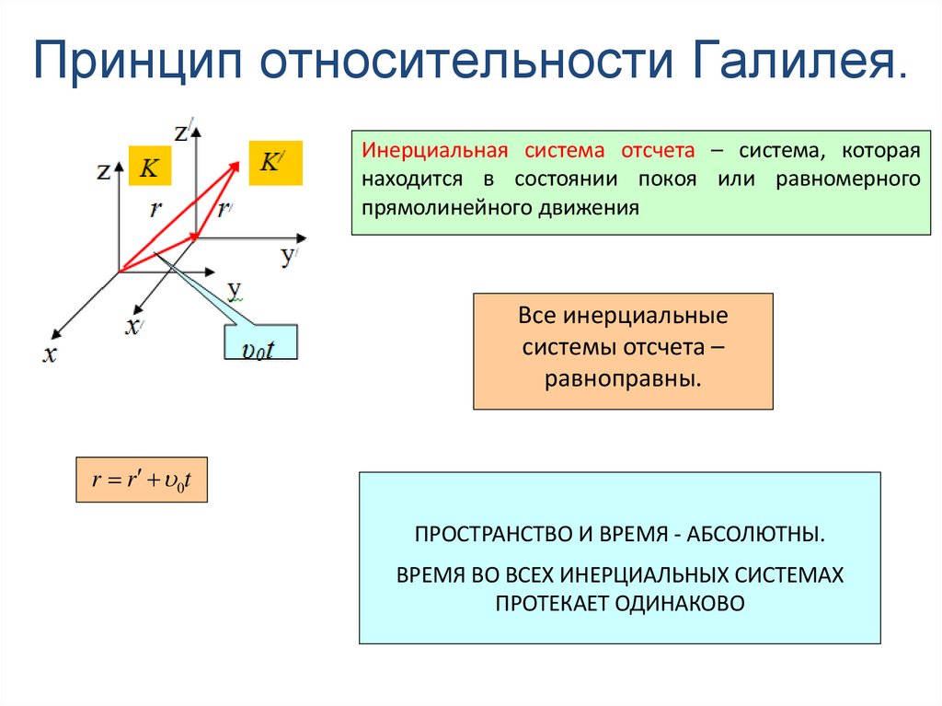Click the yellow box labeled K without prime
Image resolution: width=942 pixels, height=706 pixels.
click(x=149, y=167)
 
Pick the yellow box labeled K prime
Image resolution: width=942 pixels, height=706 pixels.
click(x=275, y=163)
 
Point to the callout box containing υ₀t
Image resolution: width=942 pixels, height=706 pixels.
click(x=260, y=342)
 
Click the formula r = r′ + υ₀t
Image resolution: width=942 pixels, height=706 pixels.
click(x=142, y=479)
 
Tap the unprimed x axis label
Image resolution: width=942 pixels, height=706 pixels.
click(x=49, y=354)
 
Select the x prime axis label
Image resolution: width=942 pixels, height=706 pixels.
click(x=134, y=326)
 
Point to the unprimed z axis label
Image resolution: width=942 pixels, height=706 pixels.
click(x=103, y=170)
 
